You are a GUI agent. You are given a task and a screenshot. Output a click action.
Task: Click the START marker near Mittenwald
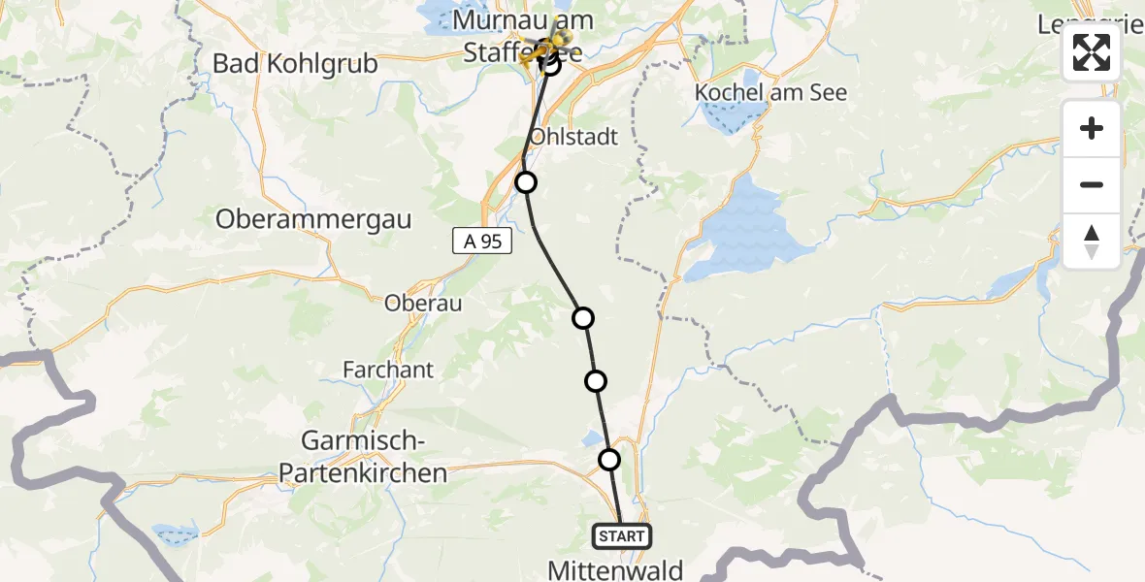coord(622,535)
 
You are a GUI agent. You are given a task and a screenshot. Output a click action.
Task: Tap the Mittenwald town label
coord(615,569)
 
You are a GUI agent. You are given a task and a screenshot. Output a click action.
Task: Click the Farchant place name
coord(388,370)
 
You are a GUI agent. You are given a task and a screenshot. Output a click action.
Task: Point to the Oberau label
coord(422,304)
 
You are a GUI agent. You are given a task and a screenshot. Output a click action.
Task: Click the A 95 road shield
coord(482,242)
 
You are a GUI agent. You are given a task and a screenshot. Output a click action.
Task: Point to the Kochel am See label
coord(770,93)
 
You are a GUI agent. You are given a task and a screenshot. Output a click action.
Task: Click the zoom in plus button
coord(1092,128)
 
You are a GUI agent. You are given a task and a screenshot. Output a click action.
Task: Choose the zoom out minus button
coord(1092,184)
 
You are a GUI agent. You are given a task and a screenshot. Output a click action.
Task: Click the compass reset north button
coord(1092,241)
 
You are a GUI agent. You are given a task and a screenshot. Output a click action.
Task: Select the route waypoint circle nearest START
coord(609,459)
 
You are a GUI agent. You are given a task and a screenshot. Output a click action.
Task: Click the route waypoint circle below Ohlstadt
coord(525,181)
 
